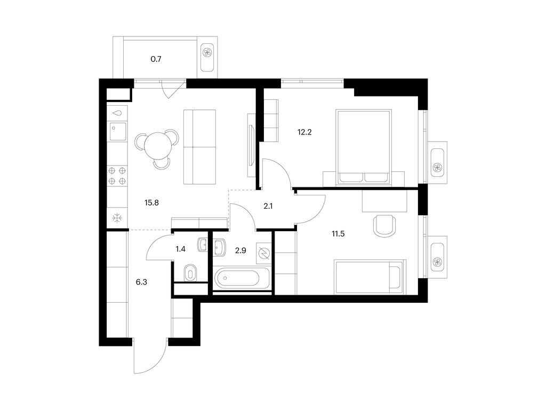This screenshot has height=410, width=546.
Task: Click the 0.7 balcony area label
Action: click(x=156, y=59)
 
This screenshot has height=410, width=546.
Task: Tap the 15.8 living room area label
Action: click(x=152, y=202)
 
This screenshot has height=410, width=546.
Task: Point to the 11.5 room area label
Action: click(x=338, y=233)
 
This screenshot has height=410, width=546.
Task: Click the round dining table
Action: click(x=157, y=145)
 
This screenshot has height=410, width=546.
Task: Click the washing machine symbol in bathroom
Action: click(x=263, y=253)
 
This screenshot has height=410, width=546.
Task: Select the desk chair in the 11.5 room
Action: click(x=385, y=226)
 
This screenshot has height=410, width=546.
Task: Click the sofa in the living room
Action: click(x=199, y=147)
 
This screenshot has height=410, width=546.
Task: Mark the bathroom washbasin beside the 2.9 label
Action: click(x=220, y=247)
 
